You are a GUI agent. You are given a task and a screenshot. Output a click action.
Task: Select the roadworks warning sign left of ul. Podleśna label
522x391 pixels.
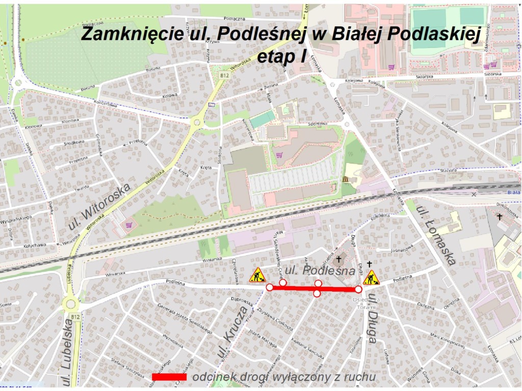tap(257, 275)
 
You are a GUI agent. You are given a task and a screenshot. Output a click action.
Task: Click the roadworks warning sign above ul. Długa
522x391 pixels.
tap(371, 277)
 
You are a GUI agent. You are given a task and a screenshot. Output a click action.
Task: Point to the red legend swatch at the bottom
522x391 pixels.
tap(166, 377)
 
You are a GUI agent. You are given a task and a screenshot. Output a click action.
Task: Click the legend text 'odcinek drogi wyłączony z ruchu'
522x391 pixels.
tap(284, 377)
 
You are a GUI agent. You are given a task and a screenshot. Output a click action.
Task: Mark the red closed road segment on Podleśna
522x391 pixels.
tap(314, 289)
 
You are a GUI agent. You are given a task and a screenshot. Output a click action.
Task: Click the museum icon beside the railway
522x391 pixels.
tap(346, 180)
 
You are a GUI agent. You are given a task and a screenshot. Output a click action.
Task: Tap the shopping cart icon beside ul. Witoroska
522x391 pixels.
tap(128, 225)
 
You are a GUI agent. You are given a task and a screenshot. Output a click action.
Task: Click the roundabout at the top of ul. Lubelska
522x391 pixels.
tap(71, 304)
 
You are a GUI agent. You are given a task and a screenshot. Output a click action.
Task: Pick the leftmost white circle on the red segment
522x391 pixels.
tap(270, 288)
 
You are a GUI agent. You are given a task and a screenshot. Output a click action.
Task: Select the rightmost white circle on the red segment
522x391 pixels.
tap(358, 289)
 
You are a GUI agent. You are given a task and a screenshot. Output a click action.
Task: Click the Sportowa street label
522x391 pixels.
tap(317, 124)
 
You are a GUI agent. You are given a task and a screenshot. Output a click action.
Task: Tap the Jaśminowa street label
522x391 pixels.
tap(402, 252)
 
